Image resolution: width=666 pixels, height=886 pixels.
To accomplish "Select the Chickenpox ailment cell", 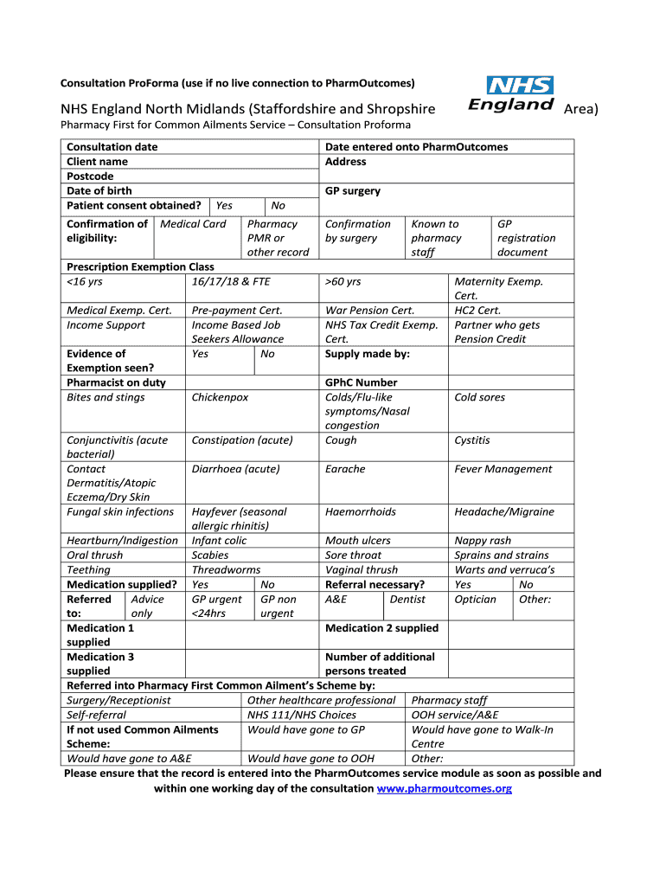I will click(x=220, y=397).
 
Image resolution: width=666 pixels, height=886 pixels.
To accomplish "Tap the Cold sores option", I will click(x=479, y=397).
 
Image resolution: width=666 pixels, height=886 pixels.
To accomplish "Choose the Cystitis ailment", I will click(x=472, y=440).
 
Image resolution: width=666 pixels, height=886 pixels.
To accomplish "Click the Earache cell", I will click(x=345, y=469).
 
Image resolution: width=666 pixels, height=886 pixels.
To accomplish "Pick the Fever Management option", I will click(x=503, y=469).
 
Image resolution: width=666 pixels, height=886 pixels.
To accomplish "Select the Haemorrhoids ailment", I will click(x=360, y=512).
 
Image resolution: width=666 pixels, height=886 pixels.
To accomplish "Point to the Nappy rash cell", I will click(x=483, y=541).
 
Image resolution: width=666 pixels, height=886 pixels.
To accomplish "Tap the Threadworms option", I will click(x=226, y=570).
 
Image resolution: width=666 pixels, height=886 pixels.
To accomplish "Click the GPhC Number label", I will click(x=361, y=382).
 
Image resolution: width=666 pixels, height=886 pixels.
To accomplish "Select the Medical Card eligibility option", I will click(x=193, y=224).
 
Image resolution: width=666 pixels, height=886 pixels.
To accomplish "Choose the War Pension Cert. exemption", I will click(x=369, y=311).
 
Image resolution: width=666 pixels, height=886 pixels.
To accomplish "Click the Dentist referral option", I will click(x=407, y=599).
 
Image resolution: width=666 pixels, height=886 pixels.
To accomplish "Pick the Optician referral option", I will click(x=476, y=599).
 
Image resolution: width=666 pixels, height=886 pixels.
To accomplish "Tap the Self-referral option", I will click(x=96, y=715).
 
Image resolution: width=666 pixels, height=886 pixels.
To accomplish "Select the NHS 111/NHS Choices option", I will click(x=301, y=715).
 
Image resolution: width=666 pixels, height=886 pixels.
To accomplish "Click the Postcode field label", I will click(x=90, y=177).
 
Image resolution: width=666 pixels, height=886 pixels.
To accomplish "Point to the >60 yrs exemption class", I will click(x=343, y=281).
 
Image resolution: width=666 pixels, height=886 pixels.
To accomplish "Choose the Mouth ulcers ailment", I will click(x=357, y=541).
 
